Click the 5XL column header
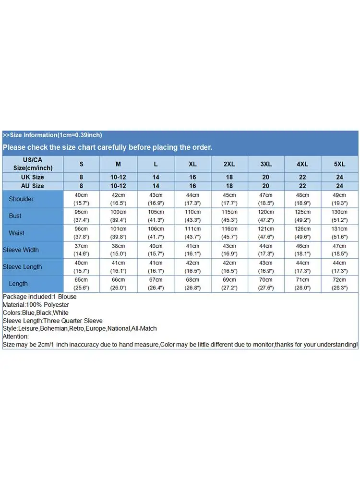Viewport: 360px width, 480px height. [339, 164]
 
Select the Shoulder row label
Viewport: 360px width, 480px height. [21, 199]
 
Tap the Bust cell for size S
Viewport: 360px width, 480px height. [81, 216]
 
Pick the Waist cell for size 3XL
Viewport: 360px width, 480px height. [266, 233]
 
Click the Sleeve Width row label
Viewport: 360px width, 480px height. [21, 250]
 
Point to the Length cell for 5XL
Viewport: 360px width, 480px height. [339, 284]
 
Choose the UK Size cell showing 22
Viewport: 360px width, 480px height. [302, 177]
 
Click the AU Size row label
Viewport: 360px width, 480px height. [32, 186]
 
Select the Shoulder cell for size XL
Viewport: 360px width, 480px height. [192, 199]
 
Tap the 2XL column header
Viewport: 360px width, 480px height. [229, 164]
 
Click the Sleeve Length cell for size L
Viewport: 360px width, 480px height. [156, 267]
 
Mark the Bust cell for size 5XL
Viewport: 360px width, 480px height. [339, 216]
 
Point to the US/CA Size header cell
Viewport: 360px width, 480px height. [32, 164]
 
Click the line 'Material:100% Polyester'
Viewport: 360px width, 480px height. [36, 305]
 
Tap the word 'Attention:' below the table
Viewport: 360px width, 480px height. [16, 336]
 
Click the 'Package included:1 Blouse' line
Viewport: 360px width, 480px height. [39, 297]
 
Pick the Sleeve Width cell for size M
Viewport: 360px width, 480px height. [118, 250]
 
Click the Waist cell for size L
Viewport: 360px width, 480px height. [156, 233]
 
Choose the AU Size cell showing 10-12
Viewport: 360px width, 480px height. [118, 186]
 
